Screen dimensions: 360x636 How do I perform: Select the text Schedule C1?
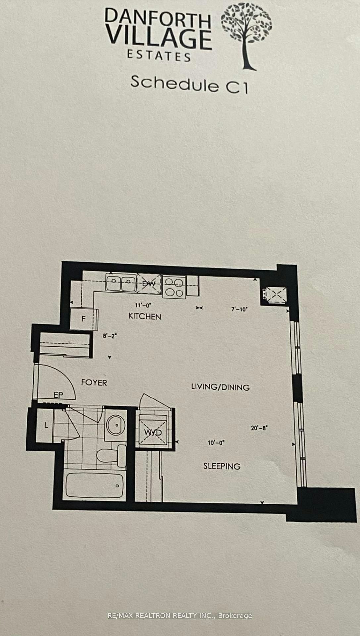(189, 84)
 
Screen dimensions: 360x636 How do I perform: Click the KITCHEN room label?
(145, 316)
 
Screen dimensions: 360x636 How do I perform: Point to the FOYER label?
(94, 383)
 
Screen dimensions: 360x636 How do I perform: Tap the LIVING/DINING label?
(220, 387)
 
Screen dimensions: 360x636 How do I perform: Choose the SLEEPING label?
(222, 466)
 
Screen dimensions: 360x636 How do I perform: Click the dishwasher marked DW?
(149, 284)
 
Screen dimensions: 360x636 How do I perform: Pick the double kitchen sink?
(121, 283)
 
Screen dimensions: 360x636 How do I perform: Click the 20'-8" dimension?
(259, 428)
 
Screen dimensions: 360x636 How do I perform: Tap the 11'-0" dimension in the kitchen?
(143, 305)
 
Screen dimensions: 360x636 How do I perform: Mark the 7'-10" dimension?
(239, 309)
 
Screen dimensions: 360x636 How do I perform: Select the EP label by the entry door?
(58, 395)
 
